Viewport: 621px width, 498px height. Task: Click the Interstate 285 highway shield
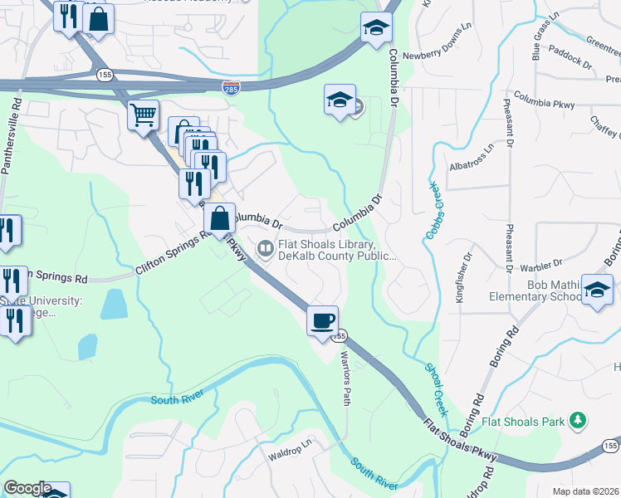pyautogui.click(x=232, y=85)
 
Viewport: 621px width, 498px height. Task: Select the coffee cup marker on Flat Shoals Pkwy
pyautogui.click(x=322, y=320)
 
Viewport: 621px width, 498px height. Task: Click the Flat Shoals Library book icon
pyautogui.click(x=265, y=247)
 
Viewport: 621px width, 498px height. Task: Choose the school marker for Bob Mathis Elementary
pyautogui.click(x=597, y=290)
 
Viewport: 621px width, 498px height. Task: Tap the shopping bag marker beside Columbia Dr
pyautogui.click(x=220, y=219)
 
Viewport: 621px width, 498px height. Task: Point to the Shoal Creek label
pyautogui.click(x=436, y=389)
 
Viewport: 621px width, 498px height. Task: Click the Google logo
pyautogui.click(x=28, y=487)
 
